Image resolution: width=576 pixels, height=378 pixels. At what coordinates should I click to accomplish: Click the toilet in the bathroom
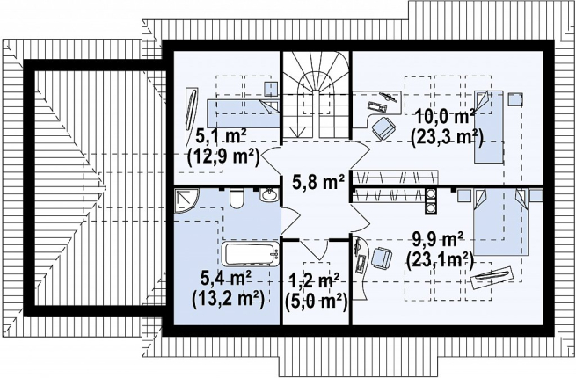coord(236,199)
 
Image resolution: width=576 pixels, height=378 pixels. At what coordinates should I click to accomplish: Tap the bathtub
coord(252,253)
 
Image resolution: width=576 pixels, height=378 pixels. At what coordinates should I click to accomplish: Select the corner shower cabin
coord(186,200)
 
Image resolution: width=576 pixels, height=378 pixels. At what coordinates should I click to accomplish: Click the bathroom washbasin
coord(269,194)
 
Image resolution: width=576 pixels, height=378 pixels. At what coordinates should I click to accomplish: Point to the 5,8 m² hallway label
coord(318,182)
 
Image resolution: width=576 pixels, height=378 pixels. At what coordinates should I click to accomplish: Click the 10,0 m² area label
coord(444,118)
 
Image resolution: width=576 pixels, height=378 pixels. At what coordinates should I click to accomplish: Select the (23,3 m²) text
coord(447,139)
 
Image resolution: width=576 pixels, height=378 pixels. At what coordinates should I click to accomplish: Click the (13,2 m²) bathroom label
coord(228,300)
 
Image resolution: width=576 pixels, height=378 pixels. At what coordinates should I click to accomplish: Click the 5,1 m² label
coord(221,136)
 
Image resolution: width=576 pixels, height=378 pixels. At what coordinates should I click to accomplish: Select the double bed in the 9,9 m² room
coord(500,222)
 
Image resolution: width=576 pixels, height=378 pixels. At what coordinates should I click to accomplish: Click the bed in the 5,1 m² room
coord(243,113)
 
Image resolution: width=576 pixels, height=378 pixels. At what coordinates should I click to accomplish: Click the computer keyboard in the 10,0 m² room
coord(377,106)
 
